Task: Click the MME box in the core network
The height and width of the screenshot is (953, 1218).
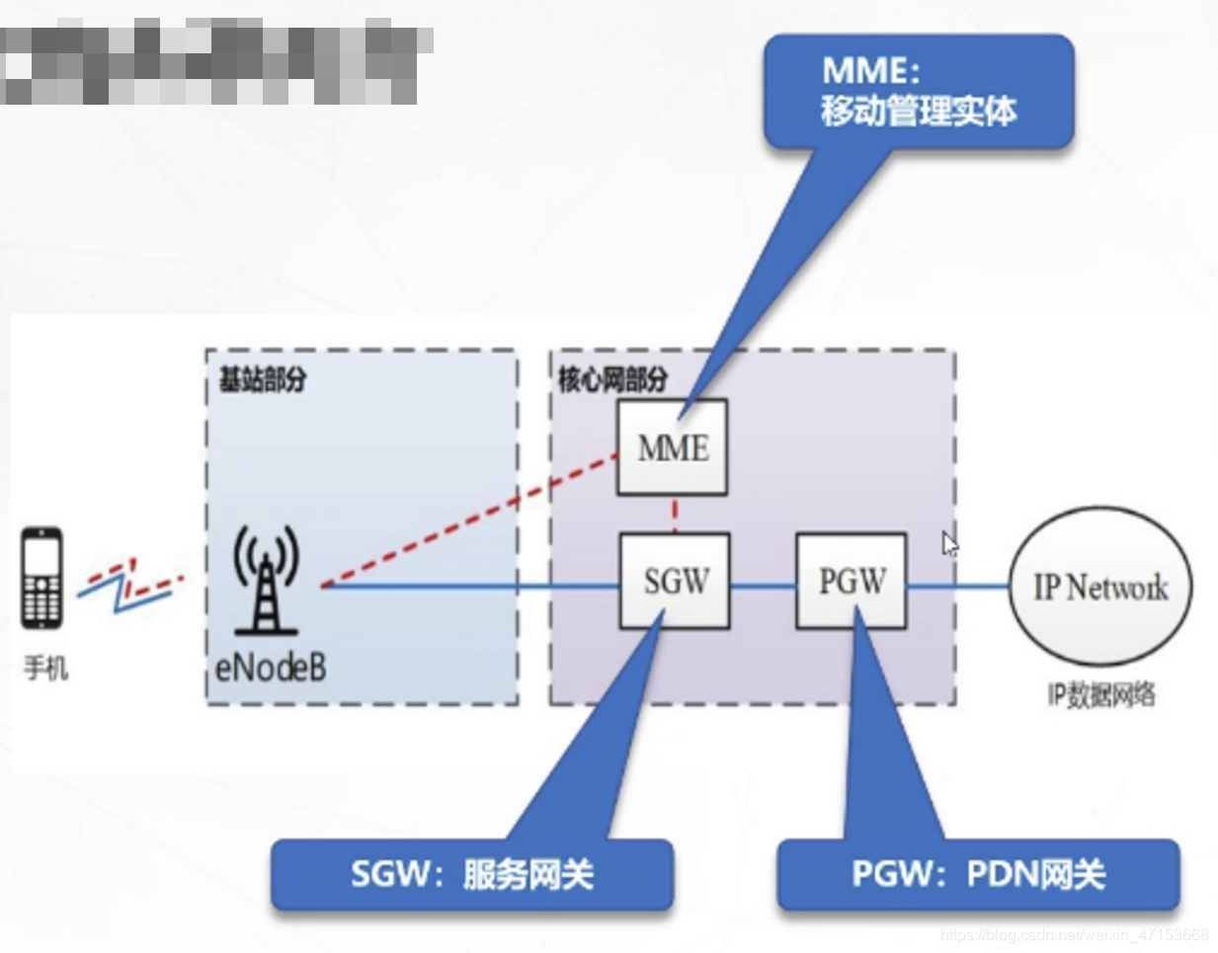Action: coord(672,447)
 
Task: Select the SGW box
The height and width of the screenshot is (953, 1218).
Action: coord(675,581)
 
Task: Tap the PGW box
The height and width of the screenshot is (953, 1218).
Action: coord(851,581)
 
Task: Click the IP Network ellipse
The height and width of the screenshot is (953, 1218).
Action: coord(1099,587)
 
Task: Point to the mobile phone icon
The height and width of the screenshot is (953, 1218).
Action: coord(42,579)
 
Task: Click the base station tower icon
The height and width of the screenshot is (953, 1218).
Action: coord(265,581)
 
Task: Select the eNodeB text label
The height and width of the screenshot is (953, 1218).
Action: coord(271,668)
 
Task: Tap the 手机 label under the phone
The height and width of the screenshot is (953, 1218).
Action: coord(45,669)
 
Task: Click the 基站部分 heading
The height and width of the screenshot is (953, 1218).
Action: coord(263,379)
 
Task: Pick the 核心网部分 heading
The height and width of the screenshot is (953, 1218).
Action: coord(612,379)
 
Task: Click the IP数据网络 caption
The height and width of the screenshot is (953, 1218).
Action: coord(1100,695)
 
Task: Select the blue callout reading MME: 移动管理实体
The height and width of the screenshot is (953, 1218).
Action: coord(918,92)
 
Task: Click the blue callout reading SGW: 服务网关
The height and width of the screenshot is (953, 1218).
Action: coord(472,874)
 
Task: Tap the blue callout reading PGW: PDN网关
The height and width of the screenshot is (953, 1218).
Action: coord(978,874)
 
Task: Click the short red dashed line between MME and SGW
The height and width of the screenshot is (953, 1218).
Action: coord(675,515)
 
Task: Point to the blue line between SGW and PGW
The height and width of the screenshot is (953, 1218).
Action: coord(763,587)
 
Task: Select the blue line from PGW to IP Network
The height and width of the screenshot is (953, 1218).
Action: coord(956,587)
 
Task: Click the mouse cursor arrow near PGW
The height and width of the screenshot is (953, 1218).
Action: coord(949,543)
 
